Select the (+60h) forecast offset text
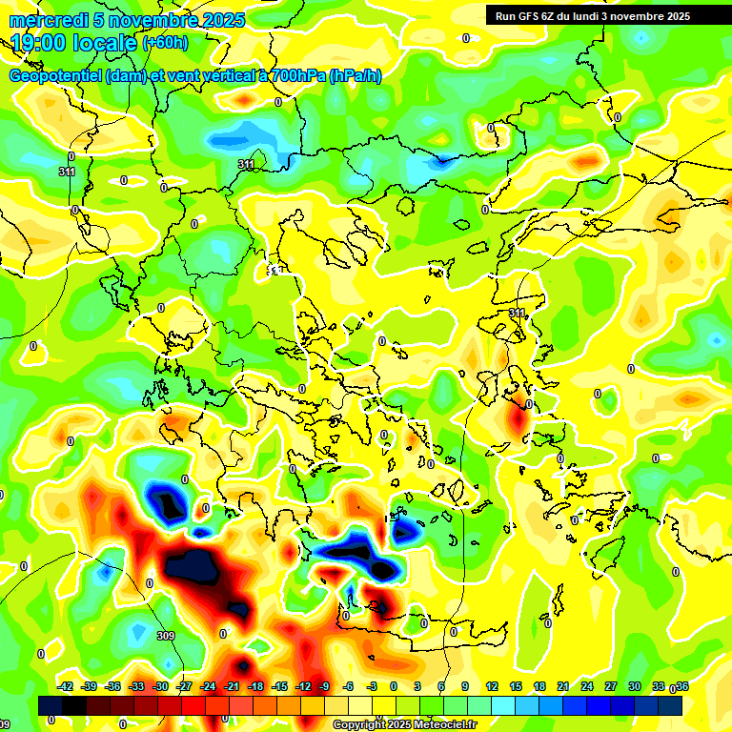click(165, 43)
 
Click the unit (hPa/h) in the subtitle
click(356, 76)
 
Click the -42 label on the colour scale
click(66, 686)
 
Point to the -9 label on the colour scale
click(324, 686)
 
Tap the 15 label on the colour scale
click(516, 686)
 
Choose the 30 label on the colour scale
click(634, 686)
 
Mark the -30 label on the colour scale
click(160, 686)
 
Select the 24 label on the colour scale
click(586, 686)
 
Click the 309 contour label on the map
click(166, 636)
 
